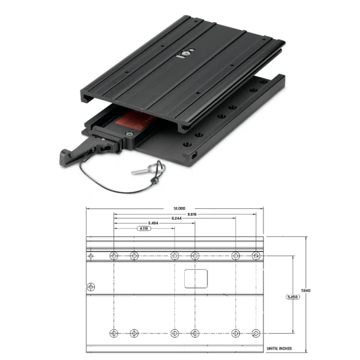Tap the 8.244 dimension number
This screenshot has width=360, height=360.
176,218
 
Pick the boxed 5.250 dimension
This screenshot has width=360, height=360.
292,296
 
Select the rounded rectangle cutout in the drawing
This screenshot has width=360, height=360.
196,278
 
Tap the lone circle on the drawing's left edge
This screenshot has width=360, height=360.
91,287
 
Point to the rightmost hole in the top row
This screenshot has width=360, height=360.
256,256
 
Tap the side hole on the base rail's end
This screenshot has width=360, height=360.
195,154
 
